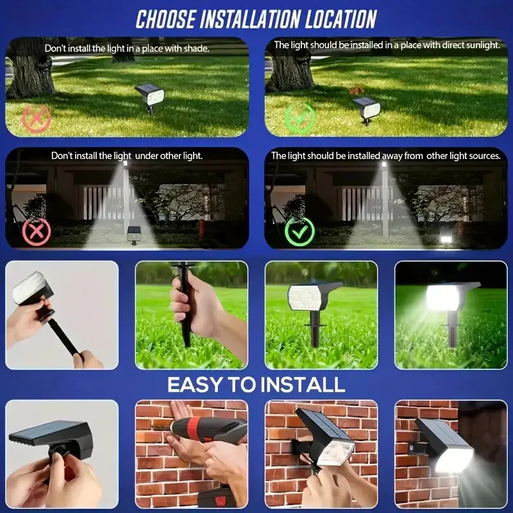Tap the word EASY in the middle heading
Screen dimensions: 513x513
(197, 385)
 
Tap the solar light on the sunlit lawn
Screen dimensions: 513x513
(367, 107)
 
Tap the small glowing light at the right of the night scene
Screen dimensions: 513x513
(444, 239)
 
